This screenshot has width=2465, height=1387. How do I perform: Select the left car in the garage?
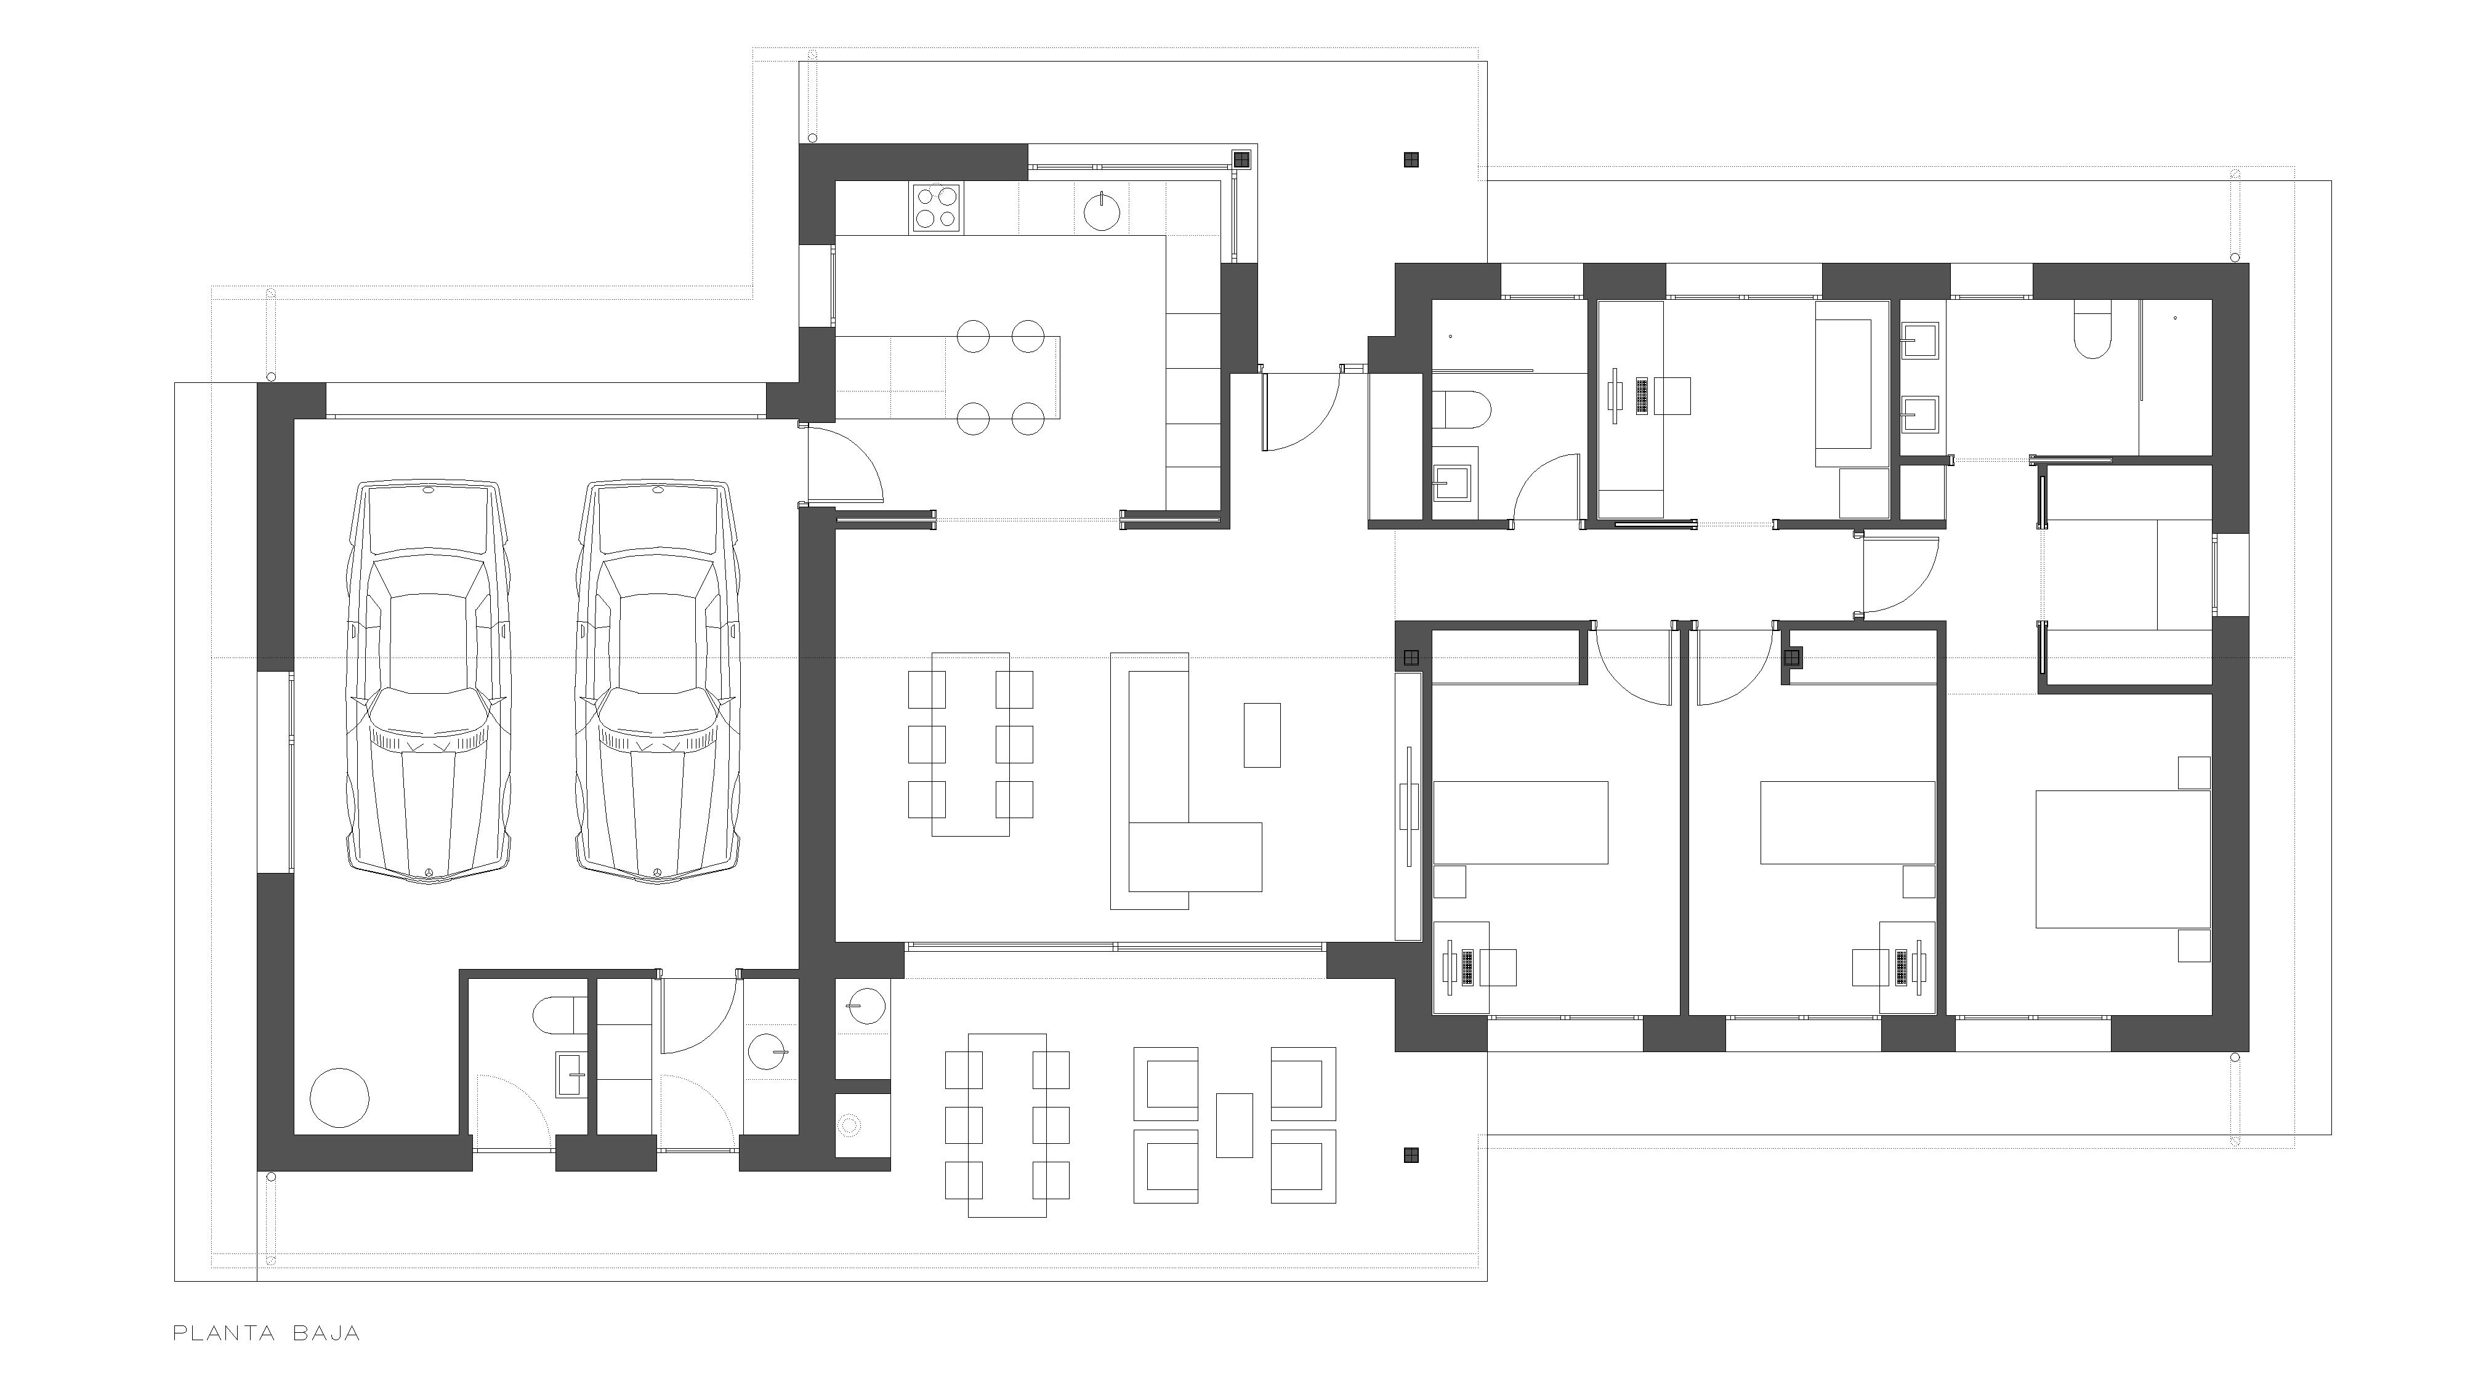[429, 680]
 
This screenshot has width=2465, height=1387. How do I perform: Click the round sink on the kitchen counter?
[1103, 211]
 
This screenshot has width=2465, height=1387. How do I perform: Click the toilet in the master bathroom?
[2093, 330]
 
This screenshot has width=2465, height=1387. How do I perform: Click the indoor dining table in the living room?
[970, 744]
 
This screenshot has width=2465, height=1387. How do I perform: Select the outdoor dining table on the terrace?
[1007, 1125]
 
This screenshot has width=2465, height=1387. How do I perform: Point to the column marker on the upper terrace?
[1411, 159]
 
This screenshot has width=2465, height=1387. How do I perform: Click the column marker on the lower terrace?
[1411, 1156]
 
